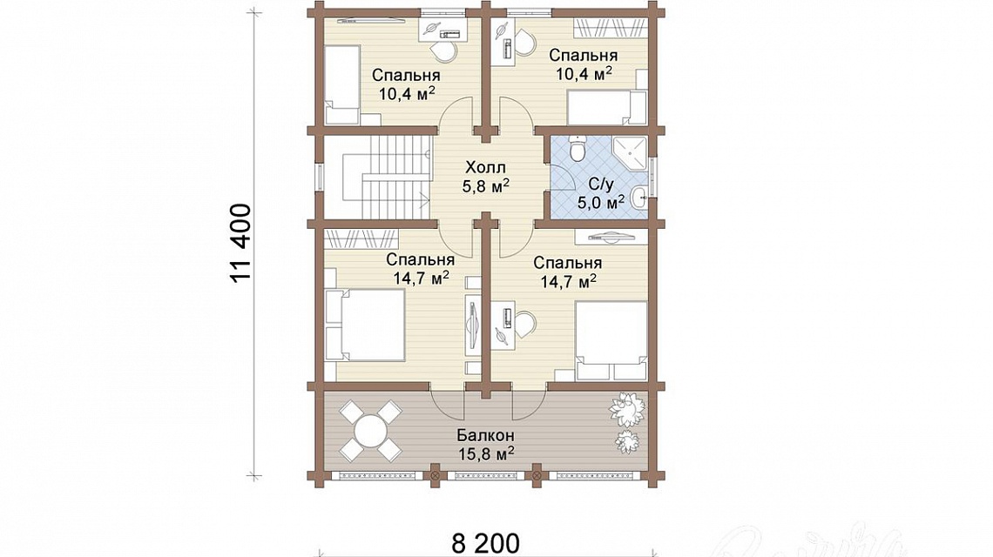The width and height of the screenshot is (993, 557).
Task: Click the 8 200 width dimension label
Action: pyautogui.click(x=486, y=543)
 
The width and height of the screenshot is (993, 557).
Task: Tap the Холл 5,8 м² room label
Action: pyautogui.click(x=486, y=177)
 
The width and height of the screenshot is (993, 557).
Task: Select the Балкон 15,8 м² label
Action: pyautogui.click(x=486, y=445)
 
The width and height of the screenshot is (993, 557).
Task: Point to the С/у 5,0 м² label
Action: pyautogui.click(x=601, y=194)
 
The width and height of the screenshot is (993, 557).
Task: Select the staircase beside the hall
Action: pyautogui.click(x=386, y=177)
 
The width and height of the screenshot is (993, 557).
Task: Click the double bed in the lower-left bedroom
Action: pyautogui.click(x=365, y=325)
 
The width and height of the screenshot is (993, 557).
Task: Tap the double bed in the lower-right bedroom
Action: pyautogui.click(x=611, y=340)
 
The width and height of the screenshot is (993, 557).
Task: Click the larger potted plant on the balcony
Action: pyautogui.click(x=628, y=406)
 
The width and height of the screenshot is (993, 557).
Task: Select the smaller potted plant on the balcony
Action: pyautogui.click(x=627, y=440)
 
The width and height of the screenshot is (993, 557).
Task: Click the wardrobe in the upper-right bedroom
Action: pyautogui.click(x=611, y=27)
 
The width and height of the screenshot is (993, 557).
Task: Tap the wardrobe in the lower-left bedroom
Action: pyautogui.click(x=362, y=238)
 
